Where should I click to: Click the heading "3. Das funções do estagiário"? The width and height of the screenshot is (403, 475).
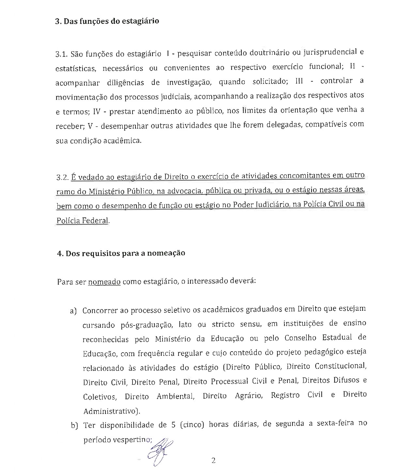point(107,22)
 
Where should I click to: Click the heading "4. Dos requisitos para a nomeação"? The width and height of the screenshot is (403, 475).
point(121,253)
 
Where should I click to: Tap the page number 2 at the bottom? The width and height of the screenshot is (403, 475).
point(213,461)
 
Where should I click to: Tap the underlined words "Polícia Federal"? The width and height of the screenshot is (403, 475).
point(82,221)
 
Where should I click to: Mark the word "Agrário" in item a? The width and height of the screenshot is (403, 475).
point(249,396)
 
